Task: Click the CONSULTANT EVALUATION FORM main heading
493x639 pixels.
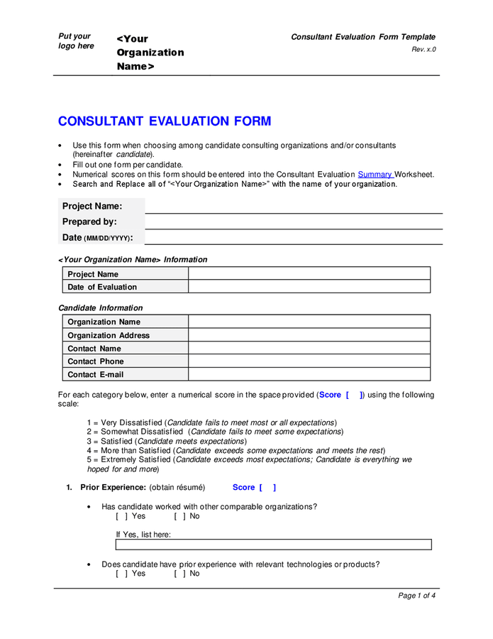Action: tap(164, 121)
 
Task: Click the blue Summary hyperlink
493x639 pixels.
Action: tap(375, 174)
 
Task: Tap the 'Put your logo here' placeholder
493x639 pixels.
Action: tap(76, 41)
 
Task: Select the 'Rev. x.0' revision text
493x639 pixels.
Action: tap(423, 49)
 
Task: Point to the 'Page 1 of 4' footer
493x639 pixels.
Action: tap(416, 596)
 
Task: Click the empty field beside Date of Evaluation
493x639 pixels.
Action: tap(309, 287)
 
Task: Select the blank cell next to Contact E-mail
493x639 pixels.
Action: tap(309, 374)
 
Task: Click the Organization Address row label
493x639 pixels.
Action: tap(109, 335)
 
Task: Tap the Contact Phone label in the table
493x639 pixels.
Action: tap(95, 361)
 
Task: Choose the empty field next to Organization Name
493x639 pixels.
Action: tap(309, 322)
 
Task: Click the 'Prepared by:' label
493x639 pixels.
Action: tap(89, 222)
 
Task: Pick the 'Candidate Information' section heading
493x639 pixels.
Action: tap(100, 308)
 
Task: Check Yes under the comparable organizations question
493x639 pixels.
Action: tap(121, 516)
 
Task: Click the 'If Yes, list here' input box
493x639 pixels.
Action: tap(273, 545)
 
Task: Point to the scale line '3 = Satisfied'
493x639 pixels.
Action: tap(167, 441)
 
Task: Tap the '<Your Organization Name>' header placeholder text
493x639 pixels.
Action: tap(150, 53)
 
